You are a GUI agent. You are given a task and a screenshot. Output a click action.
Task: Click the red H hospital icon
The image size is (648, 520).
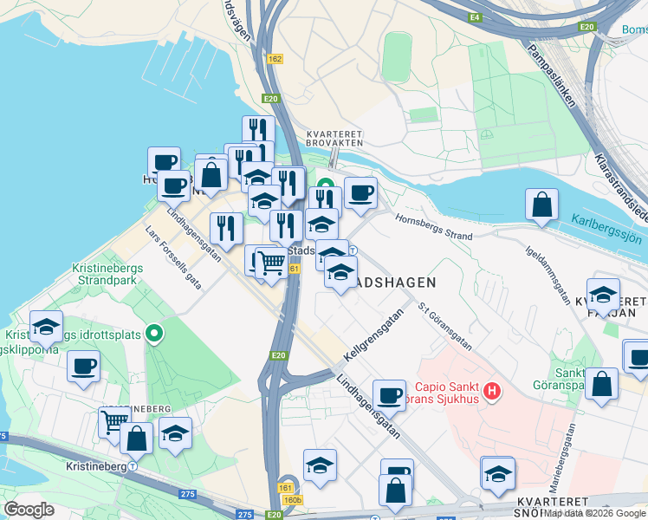[x=492, y=391]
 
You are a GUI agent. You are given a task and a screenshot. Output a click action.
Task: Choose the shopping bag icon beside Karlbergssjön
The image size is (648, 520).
[x=541, y=205]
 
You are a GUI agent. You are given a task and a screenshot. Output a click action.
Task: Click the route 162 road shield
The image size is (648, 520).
[x=275, y=59]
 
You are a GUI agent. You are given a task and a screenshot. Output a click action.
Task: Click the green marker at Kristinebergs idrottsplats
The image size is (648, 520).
[x=155, y=332]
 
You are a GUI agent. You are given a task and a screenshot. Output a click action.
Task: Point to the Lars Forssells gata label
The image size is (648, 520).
[x=174, y=258]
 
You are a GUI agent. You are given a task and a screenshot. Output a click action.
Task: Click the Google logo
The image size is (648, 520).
[x=29, y=509]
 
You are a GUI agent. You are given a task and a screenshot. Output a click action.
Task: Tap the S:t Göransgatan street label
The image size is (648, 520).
[x=444, y=326]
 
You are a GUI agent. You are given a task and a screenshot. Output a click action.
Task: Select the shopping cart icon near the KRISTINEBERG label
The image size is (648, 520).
[x=113, y=422]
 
